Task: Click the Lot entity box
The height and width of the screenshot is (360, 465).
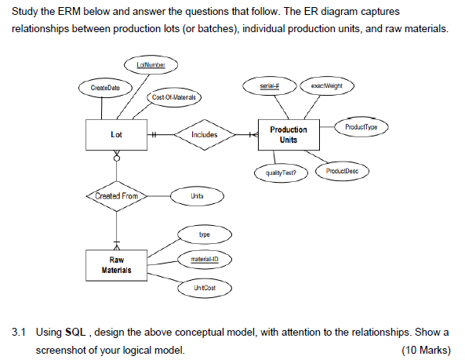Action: click(116, 135)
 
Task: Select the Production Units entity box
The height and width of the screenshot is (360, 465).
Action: click(289, 134)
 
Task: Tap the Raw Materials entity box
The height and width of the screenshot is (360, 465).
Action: click(116, 264)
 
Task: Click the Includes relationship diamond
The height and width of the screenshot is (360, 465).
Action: click(204, 135)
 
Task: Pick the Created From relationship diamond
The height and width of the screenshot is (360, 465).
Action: click(116, 195)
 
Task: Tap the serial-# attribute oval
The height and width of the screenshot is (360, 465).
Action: click(271, 84)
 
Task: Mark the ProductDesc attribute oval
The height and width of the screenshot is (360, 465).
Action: click(341, 170)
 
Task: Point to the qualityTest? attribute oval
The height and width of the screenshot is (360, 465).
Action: click(279, 172)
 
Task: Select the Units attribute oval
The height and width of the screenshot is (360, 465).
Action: click(197, 195)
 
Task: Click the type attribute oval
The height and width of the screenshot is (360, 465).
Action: click(204, 234)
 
